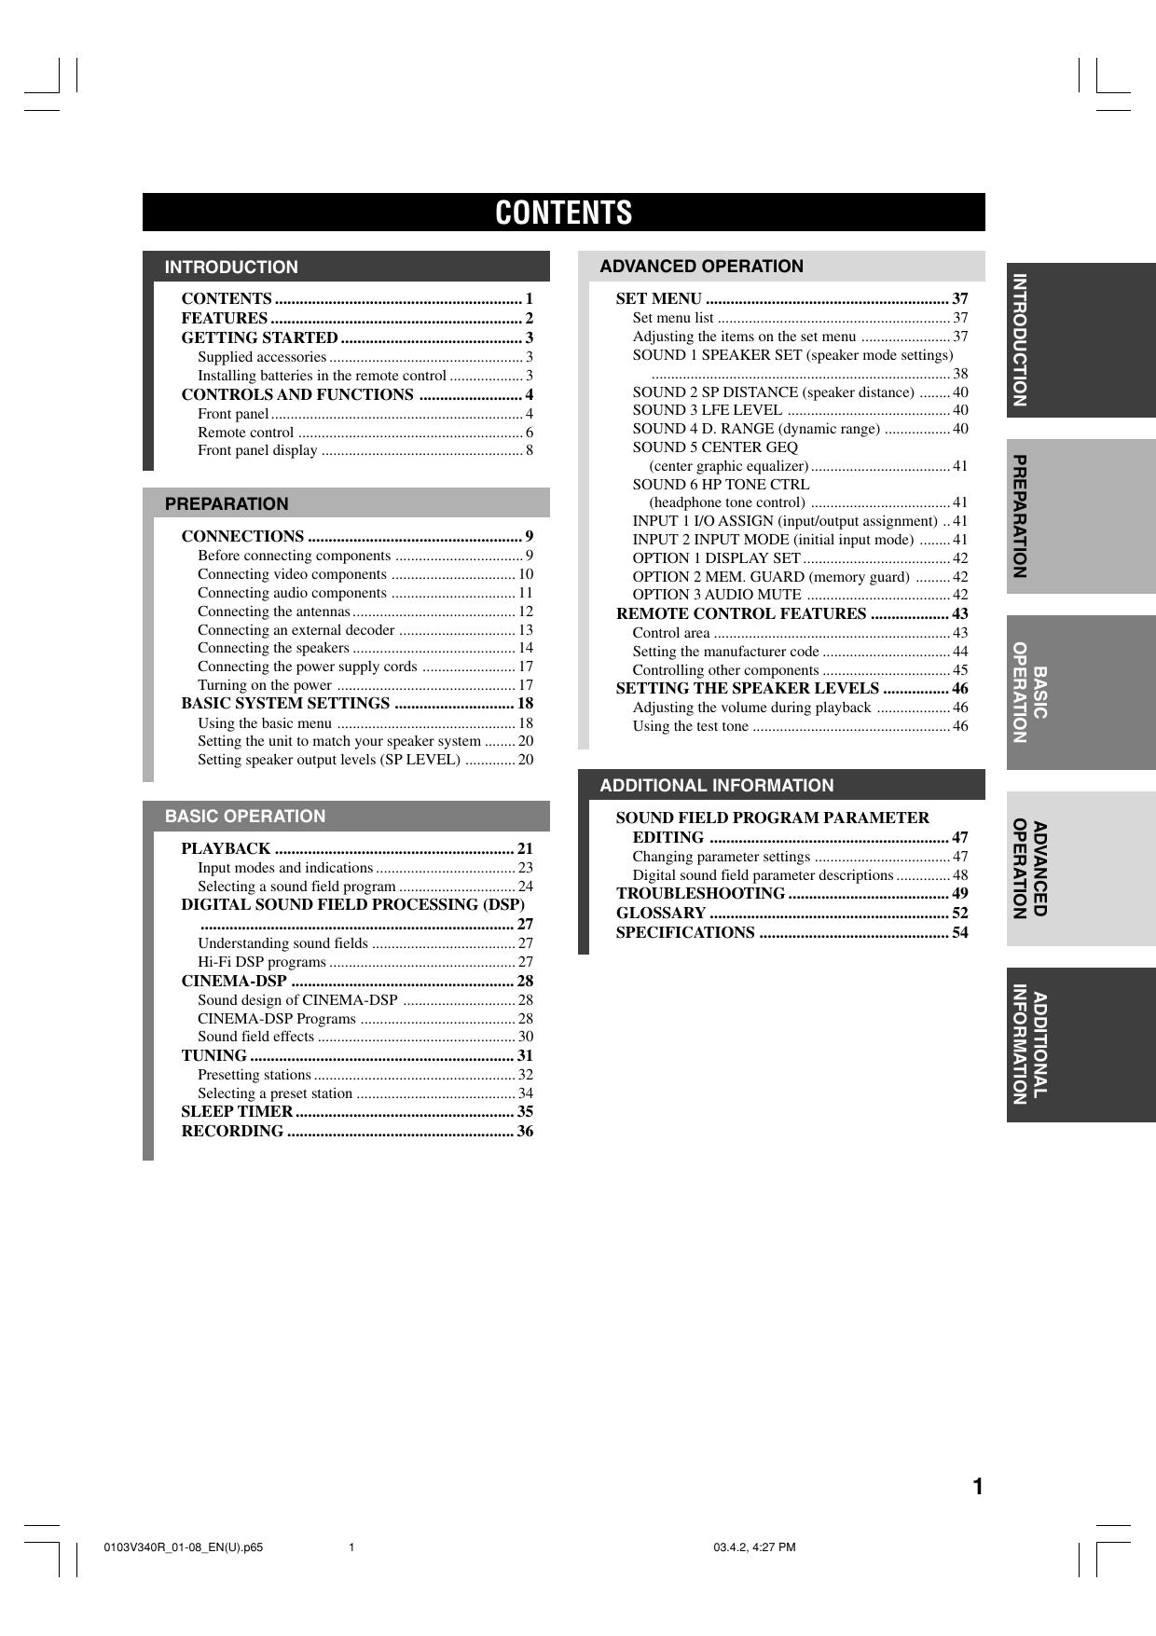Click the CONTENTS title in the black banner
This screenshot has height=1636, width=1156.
pos(563,213)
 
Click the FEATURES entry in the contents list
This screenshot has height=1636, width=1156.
pos(225,318)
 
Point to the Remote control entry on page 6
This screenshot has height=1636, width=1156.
pos(246,432)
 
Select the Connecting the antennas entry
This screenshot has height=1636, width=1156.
pos(273,612)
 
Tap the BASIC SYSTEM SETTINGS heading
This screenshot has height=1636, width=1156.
pos(285,703)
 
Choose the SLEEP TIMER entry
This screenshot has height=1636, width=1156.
pos(237,1111)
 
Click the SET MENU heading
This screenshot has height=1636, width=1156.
pos(659,298)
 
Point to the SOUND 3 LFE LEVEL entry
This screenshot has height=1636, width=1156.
pos(707,410)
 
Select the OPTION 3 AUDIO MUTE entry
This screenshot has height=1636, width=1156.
pos(716,595)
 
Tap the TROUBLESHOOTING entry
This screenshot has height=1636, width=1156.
pos(700,893)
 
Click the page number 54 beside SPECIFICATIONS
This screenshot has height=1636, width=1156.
pos(959,932)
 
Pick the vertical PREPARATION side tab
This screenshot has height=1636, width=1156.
pos(1021,516)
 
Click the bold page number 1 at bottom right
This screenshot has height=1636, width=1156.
pos(978,1487)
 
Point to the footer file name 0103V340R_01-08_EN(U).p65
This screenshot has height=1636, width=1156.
pos(184,1547)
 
